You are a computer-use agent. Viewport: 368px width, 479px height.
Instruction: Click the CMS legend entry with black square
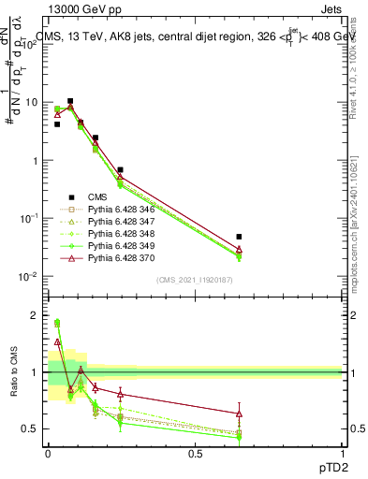tap(98, 197)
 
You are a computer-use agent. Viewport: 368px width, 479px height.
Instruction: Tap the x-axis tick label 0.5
tap(195, 454)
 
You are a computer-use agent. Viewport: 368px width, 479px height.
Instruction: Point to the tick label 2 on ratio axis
tap(33, 315)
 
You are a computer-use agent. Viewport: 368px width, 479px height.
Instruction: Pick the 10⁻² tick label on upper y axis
tap(26, 277)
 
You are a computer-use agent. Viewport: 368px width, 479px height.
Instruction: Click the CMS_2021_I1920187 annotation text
tap(194, 279)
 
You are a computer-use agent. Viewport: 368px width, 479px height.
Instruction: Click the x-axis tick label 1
tap(342, 454)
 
